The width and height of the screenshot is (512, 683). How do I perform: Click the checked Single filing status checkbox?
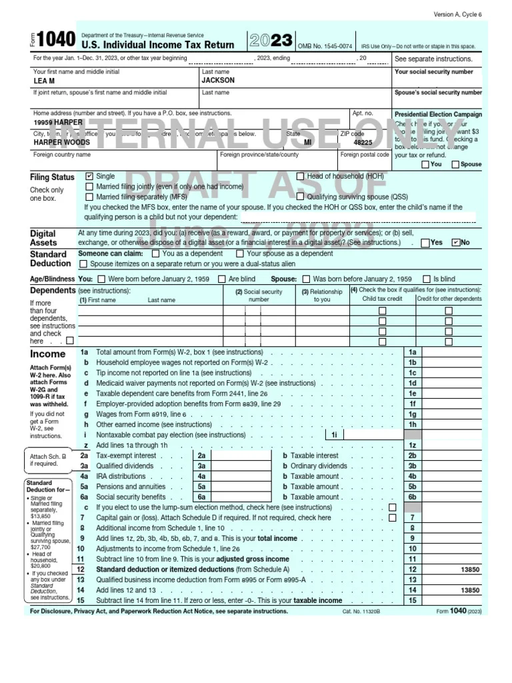pyautogui.click(x=89, y=177)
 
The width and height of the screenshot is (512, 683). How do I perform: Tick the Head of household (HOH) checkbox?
pyautogui.click(x=300, y=177)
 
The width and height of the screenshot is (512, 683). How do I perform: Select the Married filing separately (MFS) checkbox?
pyautogui.click(x=89, y=197)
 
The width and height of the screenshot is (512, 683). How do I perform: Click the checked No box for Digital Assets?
pyautogui.click(x=456, y=243)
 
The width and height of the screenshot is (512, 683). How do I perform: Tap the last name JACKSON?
pyautogui.click(x=218, y=80)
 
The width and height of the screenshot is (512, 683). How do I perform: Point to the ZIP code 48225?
pyautogui.click(x=363, y=143)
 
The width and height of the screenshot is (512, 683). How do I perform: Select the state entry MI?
pyautogui.click(x=307, y=143)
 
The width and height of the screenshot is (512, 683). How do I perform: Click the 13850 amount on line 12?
pyautogui.click(x=469, y=570)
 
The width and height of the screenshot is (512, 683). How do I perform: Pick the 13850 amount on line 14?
pyautogui.click(x=469, y=590)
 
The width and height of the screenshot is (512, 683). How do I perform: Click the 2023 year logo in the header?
pyautogui.click(x=271, y=41)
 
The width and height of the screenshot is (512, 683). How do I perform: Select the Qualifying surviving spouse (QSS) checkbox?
pyautogui.click(x=300, y=197)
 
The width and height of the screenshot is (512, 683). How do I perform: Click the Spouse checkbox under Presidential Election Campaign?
pyautogui.click(x=455, y=164)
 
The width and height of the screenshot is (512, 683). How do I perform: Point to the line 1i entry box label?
pyautogui.click(x=335, y=435)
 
